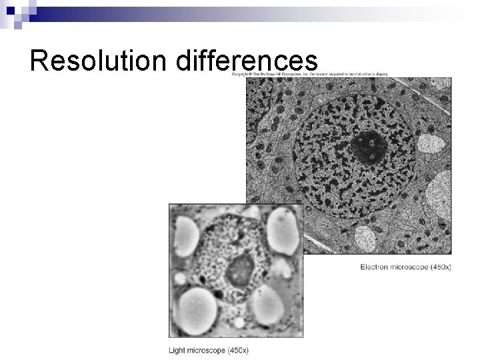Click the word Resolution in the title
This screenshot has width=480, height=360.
pyautogui.click(x=100, y=61)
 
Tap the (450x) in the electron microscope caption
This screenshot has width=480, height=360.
pyautogui.click(x=439, y=267)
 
